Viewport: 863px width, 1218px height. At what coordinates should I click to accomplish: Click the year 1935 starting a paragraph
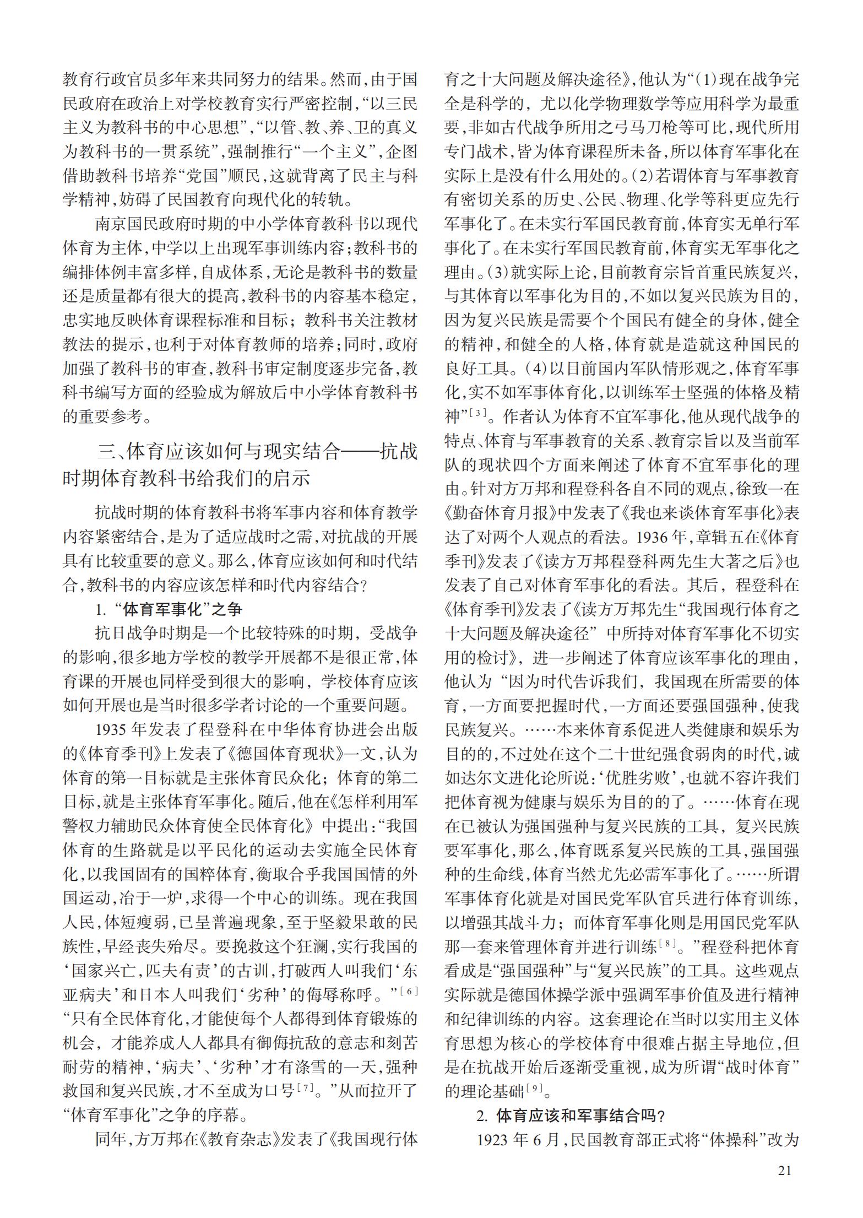tap(111, 729)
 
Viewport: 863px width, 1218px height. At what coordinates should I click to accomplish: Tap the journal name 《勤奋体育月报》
tap(502, 512)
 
